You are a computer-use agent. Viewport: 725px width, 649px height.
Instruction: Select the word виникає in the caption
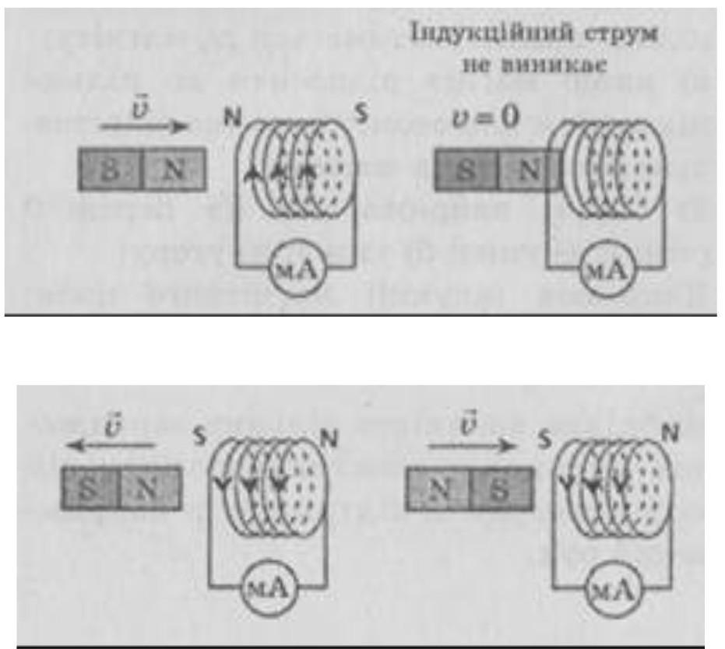pos(572,68)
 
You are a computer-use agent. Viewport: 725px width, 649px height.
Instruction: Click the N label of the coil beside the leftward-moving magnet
pos(331,438)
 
